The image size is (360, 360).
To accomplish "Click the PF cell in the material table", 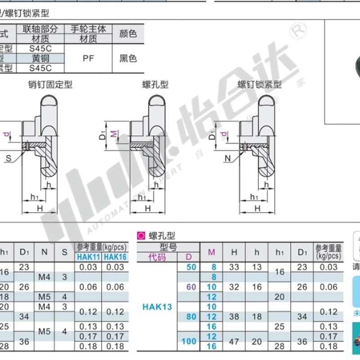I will (88, 58).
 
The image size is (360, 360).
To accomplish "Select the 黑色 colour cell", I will (128, 58).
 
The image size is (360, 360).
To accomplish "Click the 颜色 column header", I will (128, 33).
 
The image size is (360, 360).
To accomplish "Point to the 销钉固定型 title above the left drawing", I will (50, 84).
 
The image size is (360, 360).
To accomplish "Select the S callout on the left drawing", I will (9, 158).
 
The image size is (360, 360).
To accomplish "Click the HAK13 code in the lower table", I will (157, 307).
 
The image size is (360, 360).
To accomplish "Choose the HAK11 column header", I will (88, 256).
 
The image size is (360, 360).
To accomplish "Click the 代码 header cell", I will (157, 257).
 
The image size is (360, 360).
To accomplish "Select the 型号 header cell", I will (168, 247).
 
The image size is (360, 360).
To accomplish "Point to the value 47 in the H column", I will (234, 342).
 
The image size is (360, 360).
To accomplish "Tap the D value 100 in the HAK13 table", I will (189, 342).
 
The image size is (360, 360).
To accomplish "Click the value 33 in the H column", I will (234, 267).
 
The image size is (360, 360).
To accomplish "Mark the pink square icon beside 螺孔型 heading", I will (141, 235).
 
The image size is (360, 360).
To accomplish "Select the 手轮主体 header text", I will (88, 29).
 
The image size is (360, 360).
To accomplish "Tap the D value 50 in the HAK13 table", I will (191, 267).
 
